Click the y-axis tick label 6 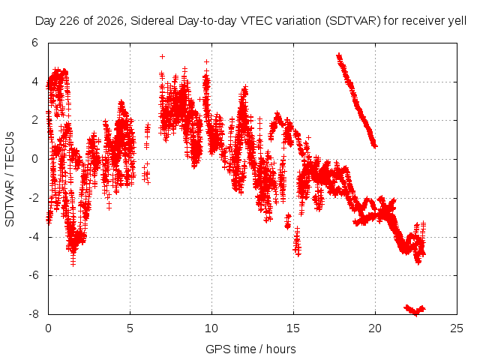point(35,43)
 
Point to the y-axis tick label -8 point(34,314)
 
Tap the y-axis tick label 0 point(35,159)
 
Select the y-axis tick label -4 point(34,237)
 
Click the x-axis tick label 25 point(457,328)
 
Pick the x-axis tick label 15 point(293,328)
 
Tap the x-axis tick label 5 point(130,328)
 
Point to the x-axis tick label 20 point(375,328)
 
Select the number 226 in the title point(70,21)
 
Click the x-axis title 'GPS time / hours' point(250,349)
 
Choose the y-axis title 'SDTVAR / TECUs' point(10,179)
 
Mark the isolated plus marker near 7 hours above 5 point(163,57)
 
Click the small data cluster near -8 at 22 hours point(415,310)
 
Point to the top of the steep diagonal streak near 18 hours point(338,55)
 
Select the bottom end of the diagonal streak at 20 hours point(375,146)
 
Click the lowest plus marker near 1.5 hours point(73,263)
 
